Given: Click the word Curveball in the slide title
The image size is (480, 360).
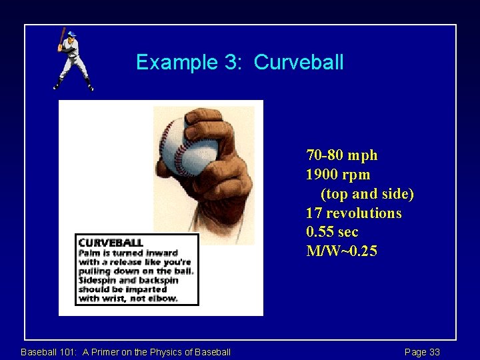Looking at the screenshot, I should pos(299,62).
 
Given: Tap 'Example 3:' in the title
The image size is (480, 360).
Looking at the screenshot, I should pos(191,62).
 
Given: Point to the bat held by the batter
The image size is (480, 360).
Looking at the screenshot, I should pos(61,37).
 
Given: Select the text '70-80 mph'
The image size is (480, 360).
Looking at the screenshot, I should pos(341,155).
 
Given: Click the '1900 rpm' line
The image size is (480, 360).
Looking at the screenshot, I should pos(338,175).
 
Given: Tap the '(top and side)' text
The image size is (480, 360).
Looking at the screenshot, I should pos(367,194).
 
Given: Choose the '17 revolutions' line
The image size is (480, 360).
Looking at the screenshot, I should pos(354,213).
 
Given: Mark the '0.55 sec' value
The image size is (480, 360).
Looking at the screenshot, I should pos(332,232).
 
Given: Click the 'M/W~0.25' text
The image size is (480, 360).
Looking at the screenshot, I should pos(341,251).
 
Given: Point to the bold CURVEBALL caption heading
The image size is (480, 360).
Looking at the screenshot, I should pos(111,243).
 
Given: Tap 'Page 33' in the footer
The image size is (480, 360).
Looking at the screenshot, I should pos(422,352).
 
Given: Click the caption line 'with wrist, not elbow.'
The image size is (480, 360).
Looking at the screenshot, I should pos(128,298).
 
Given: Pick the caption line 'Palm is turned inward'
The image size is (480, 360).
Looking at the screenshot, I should pos(128,253).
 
